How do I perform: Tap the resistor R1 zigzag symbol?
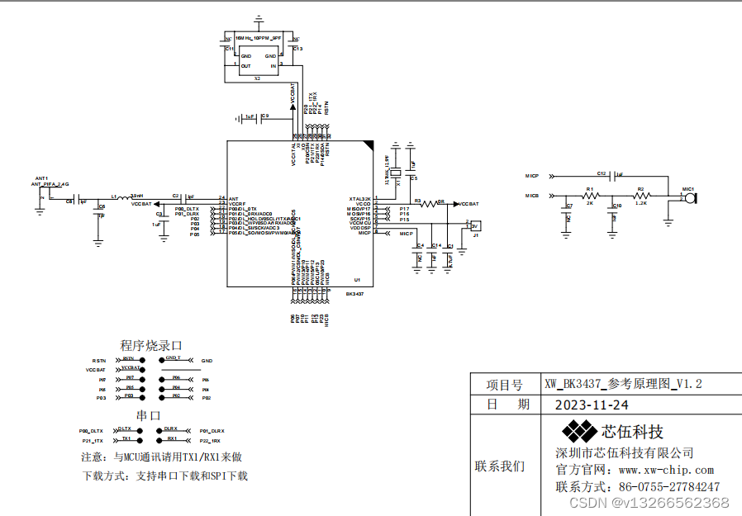point(590,196)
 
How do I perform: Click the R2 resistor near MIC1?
point(642,196)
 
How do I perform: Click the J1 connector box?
point(474,225)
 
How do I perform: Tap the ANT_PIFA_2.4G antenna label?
point(50,185)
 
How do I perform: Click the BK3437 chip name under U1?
point(355,293)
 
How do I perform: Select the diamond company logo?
point(579,430)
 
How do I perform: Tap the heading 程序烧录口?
point(150,346)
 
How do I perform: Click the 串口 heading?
point(149,415)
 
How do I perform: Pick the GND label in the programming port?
point(207,361)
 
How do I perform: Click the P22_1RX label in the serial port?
point(210,442)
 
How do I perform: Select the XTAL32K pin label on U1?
point(359,199)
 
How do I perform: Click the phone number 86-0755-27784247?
point(668,487)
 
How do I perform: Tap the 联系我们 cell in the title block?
point(499,466)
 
